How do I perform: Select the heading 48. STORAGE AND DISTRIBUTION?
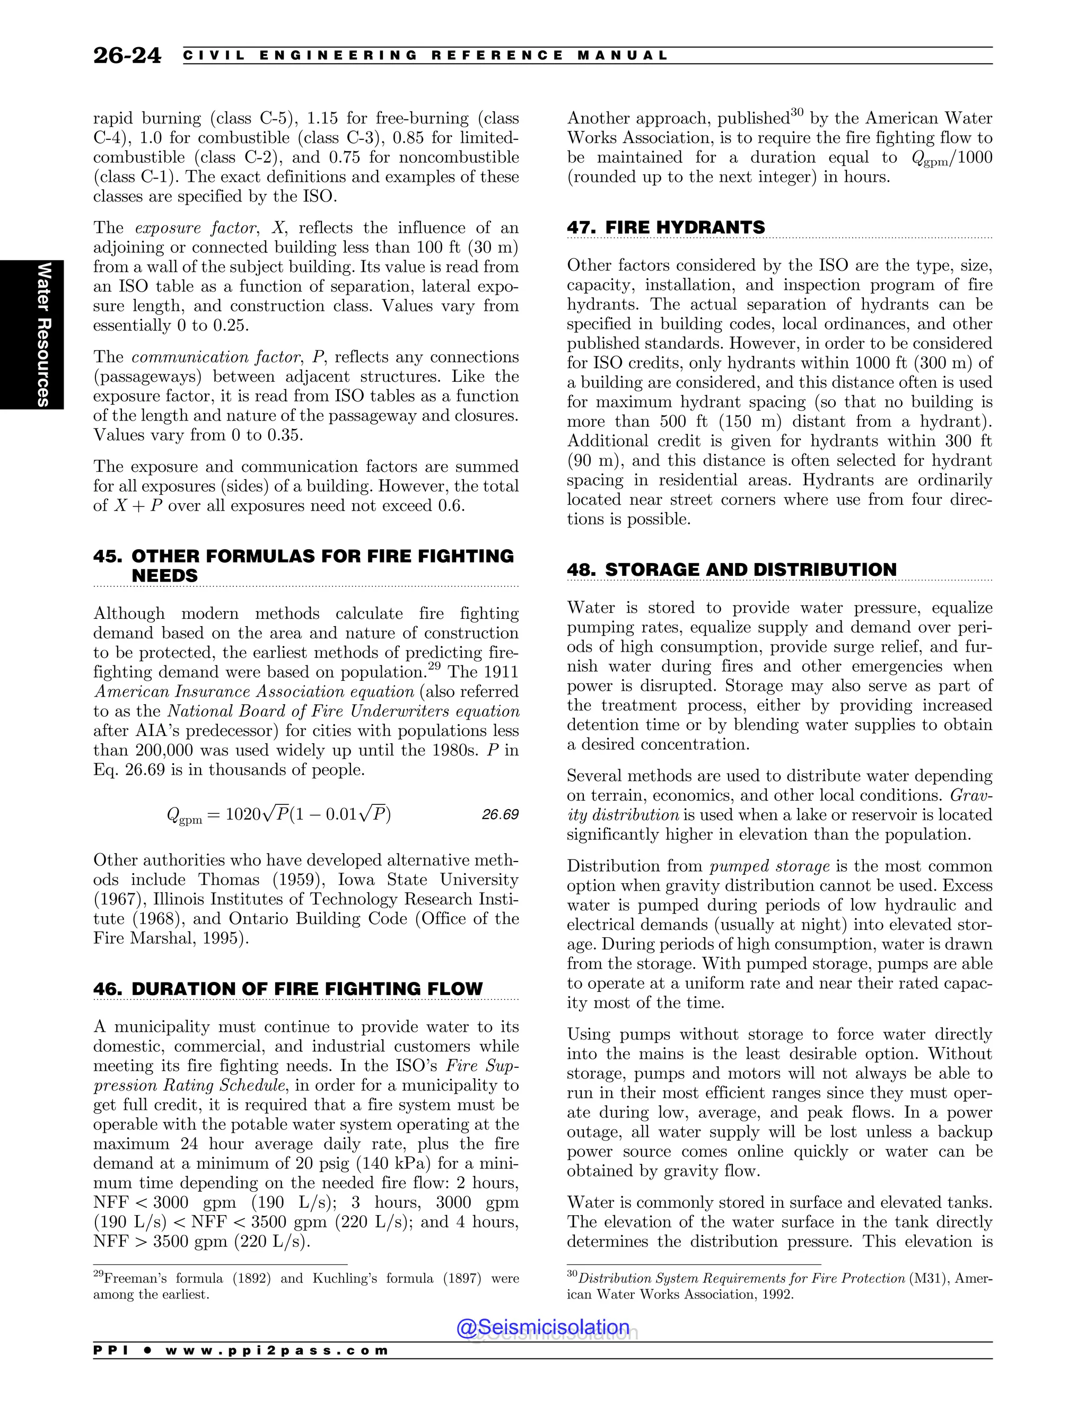[731, 570]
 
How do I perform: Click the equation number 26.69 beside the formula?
[500, 814]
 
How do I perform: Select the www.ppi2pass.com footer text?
[277, 1350]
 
